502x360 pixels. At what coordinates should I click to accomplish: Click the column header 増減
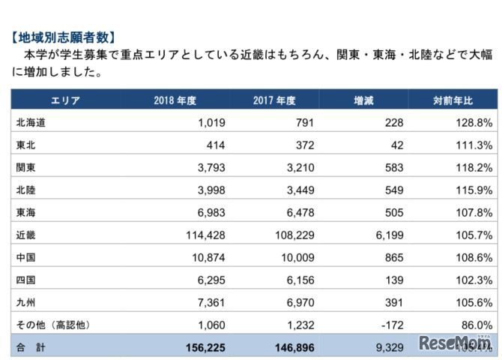pyautogui.click(x=363, y=100)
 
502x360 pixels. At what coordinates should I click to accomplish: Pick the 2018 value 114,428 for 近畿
pyautogui.click(x=204, y=235)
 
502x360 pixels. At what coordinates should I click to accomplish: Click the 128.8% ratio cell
pyautogui.click(x=474, y=122)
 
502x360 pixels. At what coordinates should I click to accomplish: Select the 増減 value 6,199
pyautogui.click(x=390, y=235)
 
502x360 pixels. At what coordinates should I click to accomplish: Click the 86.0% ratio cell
pyautogui.click(x=477, y=325)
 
